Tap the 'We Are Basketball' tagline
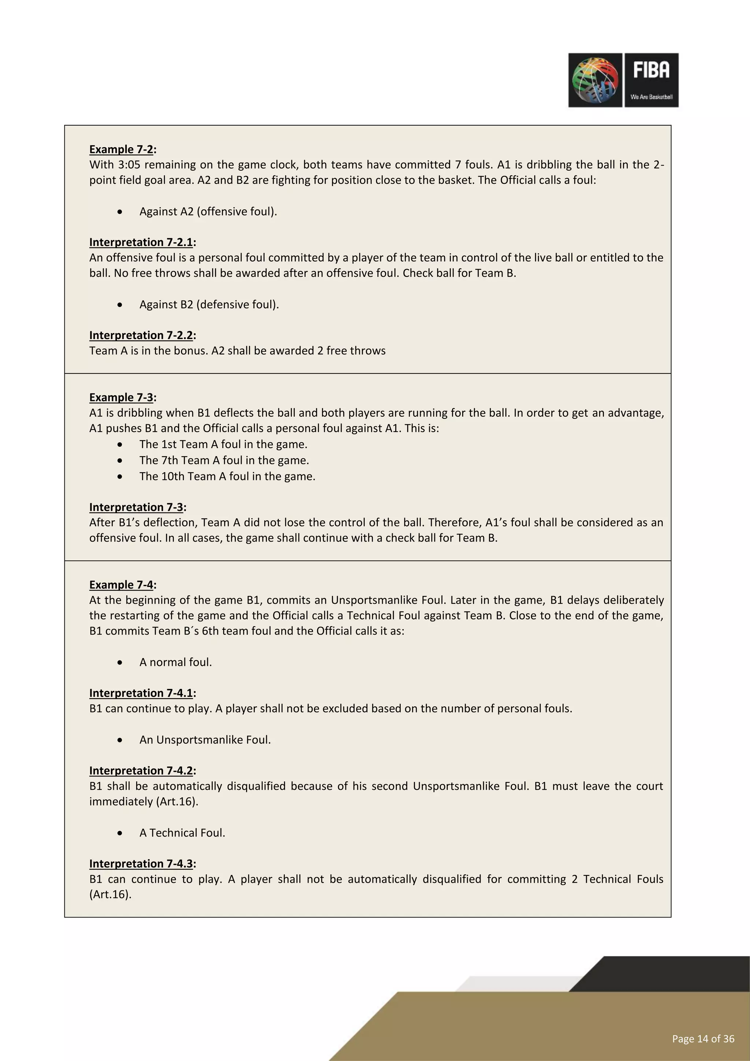[x=651, y=97]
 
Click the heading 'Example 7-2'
[x=121, y=149]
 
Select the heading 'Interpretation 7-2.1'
[x=141, y=242]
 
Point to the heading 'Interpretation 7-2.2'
[x=141, y=335]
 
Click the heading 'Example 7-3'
[x=121, y=397]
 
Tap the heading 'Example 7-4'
[x=121, y=585]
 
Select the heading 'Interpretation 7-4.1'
[x=141, y=693]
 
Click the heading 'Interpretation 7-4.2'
[x=141, y=771]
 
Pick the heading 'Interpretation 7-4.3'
[x=141, y=864]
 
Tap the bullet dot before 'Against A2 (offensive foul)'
[x=120, y=212]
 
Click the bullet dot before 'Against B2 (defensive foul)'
[x=120, y=305]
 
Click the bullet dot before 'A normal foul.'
[x=120, y=663]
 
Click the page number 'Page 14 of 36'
[x=703, y=1039]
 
